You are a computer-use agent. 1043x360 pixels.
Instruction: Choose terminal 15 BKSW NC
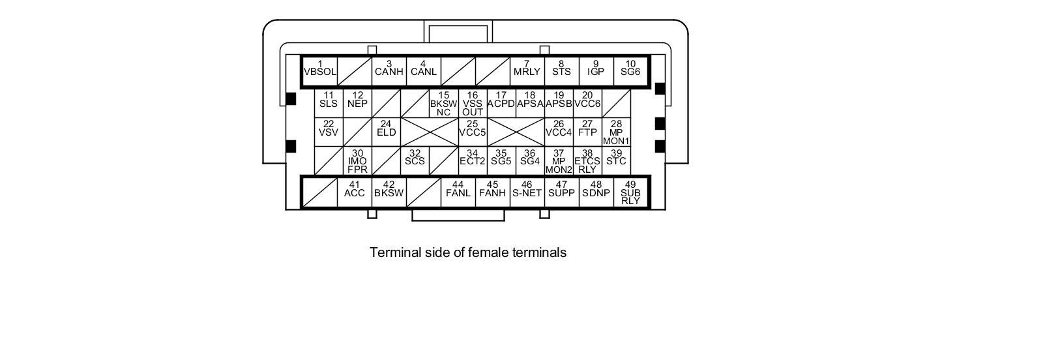443,104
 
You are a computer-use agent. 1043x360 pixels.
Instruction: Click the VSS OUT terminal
473,104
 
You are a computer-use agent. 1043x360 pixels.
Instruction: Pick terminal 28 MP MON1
616,132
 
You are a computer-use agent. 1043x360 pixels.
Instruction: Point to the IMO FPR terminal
357,161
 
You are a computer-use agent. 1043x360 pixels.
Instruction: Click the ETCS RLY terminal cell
587,161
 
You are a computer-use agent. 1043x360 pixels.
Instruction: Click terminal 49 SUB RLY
630,193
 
